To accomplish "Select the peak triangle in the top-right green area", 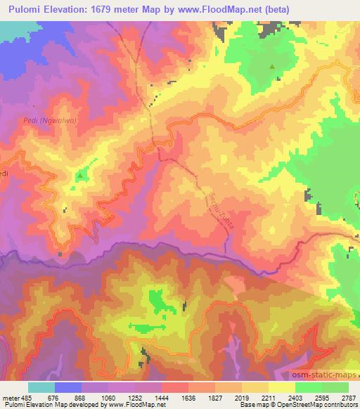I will (272, 66).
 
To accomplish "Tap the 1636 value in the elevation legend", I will (188, 398).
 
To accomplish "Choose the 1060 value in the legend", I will (108, 398).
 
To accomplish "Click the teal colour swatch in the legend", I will (41, 387).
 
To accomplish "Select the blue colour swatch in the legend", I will (68, 387).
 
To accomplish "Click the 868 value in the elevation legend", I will (81, 398).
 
